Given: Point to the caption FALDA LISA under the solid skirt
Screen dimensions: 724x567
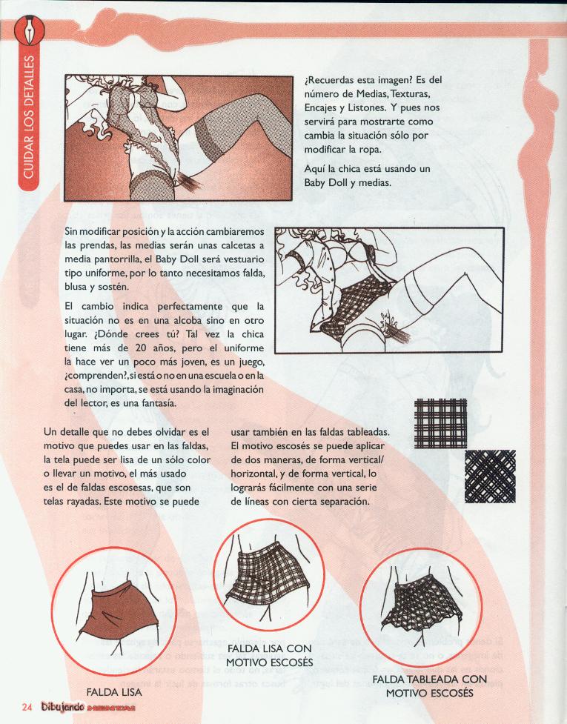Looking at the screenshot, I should (110, 692).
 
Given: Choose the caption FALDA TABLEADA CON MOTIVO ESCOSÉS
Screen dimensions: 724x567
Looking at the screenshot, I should (430, 686).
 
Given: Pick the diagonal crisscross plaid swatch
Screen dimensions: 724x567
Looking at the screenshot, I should (488, 475).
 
